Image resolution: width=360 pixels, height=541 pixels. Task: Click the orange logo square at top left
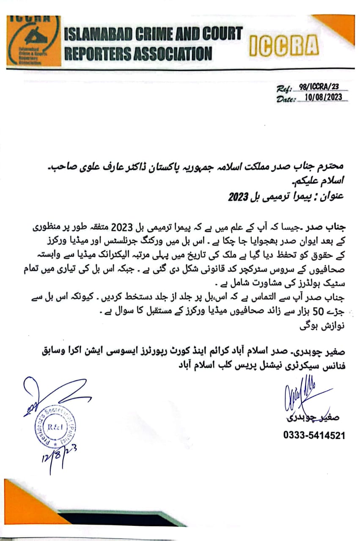click(33, 41)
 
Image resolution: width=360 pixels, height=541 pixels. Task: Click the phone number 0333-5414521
click(314, 435)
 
